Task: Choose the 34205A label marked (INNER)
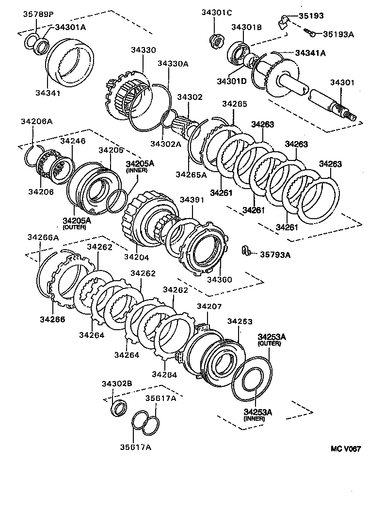point(140,164)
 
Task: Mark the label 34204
point(136,257)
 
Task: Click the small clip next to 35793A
point(246,251)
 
